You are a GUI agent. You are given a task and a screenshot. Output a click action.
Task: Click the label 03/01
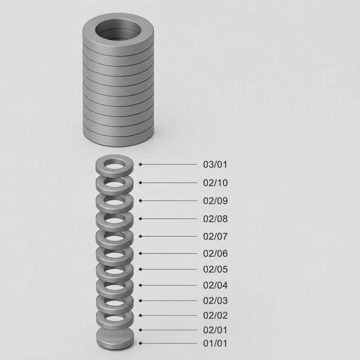pyautogui.click(x=215, y=164)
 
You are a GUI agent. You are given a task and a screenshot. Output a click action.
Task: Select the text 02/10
pyautogui.click(x=215, y=183)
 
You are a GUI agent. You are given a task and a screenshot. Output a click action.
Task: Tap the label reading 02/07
pyautogui.click(x=215, y=236)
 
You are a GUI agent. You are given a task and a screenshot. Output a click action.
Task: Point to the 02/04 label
pyautogui.click(x=215, y=285)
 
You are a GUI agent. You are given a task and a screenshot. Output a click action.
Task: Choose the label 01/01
pyautogui.click(x=215, y=343)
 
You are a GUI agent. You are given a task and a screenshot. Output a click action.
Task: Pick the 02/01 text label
pyautogui.click(x=215, y=330)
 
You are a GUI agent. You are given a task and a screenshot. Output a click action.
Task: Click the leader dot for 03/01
pyautogui.click(x=140, y=164)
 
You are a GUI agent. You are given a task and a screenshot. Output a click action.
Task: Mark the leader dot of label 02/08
pyautogui.click(x=140, y=219)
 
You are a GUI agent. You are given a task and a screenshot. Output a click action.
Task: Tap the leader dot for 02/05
pyautogui.click(x=140, y=269)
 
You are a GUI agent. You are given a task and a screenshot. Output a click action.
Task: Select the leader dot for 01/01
pyautogui.click(x=140, y=343)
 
